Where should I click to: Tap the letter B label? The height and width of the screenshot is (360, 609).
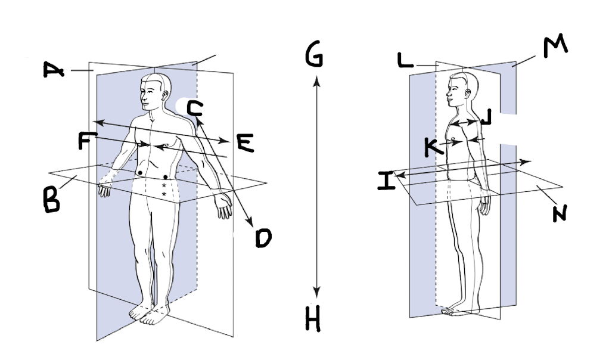click(52, 200)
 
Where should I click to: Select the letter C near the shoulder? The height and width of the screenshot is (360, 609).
click(194, 108)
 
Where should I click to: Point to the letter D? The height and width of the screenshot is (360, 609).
click(262, 239)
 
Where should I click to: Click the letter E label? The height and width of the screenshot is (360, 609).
click(245, 143)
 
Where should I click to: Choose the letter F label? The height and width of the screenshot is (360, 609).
click(87, 141)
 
